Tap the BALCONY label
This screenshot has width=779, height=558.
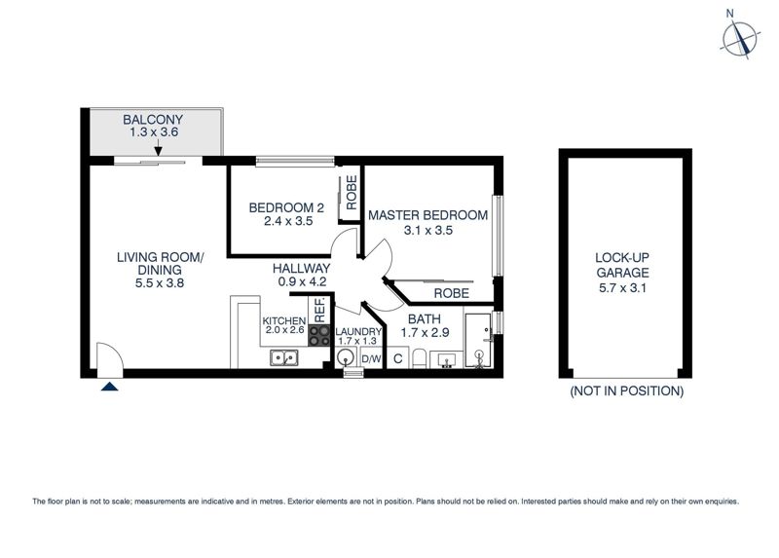point(153,120)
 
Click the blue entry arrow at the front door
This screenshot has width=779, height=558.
point(109,386)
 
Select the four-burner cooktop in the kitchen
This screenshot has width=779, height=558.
point(319,335)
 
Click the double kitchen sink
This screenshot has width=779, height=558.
point(284,357)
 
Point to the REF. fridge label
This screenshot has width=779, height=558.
point(319,310)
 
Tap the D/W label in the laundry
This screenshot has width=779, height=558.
point(372,358)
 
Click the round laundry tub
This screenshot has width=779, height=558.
point(346,357)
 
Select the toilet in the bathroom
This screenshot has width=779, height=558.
point(419,359)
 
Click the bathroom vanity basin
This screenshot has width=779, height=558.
point(446,360)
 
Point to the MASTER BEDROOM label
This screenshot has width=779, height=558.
point(427,215)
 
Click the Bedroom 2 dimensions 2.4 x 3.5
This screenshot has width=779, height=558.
point(288,222)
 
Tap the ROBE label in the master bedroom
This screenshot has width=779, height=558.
point(451,294)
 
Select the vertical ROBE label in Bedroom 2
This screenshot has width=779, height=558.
point(352,192)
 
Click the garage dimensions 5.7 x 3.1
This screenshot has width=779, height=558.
point(622,288)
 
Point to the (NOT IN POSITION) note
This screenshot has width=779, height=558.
point(626,391)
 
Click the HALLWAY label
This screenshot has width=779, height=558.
point(302,269)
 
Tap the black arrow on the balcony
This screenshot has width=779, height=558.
point(158,148)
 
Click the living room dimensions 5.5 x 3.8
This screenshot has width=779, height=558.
point(160,283)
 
